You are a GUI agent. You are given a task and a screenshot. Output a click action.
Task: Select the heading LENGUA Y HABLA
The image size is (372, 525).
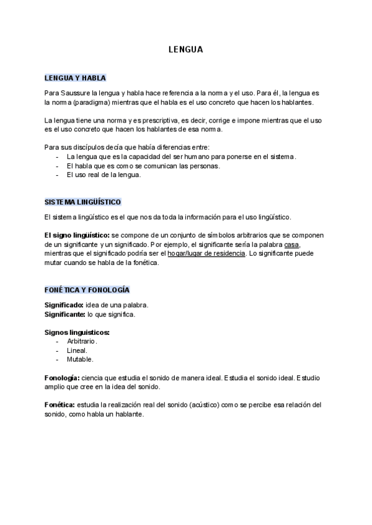(x=75, y=78)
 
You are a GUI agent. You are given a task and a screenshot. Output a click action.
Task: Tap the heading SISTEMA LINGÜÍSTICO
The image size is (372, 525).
(x=82, y=202)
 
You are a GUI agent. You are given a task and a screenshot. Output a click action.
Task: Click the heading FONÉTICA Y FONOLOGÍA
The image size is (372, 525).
(x=87, y=290)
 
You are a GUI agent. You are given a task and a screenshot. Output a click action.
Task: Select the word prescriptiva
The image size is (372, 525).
(x=164, y=119)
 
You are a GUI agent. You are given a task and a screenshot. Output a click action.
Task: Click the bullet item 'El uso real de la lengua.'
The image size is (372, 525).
(x=104, y=175)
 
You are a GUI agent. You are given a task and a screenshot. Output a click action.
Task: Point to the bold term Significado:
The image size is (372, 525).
(x=64, y=305)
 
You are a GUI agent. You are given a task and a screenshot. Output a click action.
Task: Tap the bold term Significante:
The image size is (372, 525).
(x=65, y=314)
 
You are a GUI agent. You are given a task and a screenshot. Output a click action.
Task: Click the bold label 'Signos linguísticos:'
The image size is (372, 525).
(x=77, y=332)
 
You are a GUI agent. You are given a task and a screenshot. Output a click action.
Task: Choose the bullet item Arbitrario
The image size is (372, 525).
(x=82, y=341)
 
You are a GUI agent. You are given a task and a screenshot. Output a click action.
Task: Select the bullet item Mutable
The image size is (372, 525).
(x=80, y=359)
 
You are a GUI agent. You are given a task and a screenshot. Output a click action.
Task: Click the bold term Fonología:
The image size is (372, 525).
(x=62, y=378)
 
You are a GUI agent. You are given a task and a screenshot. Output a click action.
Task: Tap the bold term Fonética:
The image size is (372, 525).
(x=60, y=405)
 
